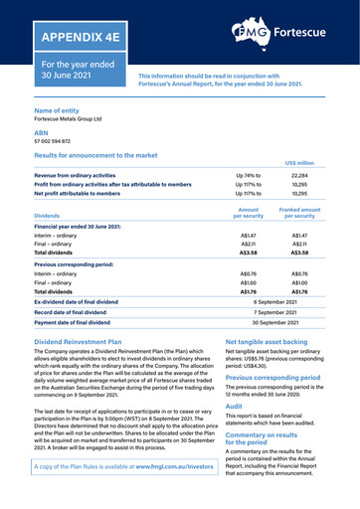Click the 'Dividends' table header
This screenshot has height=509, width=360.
47,217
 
